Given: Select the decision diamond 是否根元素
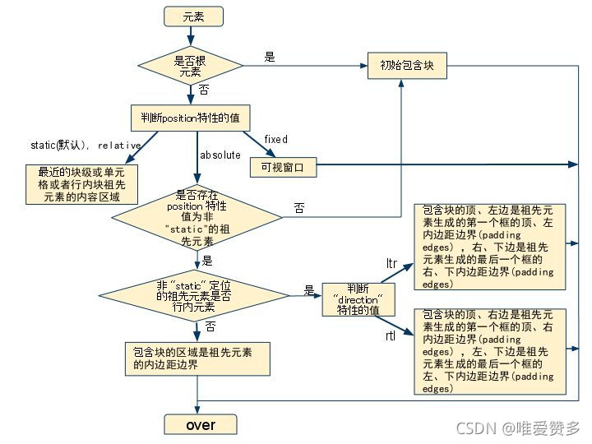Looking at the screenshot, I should tap(190, 66).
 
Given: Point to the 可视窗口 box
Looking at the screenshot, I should tap(282, 167).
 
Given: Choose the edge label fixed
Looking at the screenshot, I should tap(275, 139).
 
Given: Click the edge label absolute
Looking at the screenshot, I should tap(220, 155).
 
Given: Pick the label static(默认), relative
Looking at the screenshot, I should tap(86, 146).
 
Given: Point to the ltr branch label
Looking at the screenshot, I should tap(392, 263).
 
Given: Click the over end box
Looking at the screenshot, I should tap(201, 424).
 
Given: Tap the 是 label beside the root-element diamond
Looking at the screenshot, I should tap(270, 57).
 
